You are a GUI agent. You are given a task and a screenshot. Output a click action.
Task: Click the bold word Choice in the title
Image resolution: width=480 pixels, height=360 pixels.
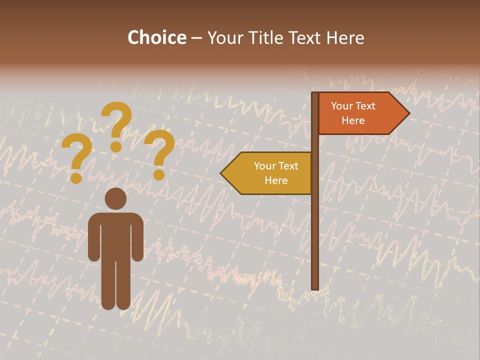coord(156,37)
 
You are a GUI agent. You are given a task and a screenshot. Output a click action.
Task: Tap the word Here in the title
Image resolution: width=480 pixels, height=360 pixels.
coord(345,37)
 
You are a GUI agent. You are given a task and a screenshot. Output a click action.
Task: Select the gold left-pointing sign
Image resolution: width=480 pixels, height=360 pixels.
coord(270,173)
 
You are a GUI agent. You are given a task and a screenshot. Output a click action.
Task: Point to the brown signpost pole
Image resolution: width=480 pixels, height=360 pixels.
coord(314,225)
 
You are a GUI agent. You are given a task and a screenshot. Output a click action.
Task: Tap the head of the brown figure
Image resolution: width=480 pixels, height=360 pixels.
coord(115,198)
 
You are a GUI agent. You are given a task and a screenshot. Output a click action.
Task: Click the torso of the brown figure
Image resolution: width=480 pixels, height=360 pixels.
coord(115,235)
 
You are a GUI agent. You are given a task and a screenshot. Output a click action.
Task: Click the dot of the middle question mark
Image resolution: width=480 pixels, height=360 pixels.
coord(116,146)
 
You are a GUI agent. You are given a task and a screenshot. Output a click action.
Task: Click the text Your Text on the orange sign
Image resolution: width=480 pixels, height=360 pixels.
coord(353,106)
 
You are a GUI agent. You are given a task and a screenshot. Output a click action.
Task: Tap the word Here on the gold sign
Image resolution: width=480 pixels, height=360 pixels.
coord(276,180)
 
